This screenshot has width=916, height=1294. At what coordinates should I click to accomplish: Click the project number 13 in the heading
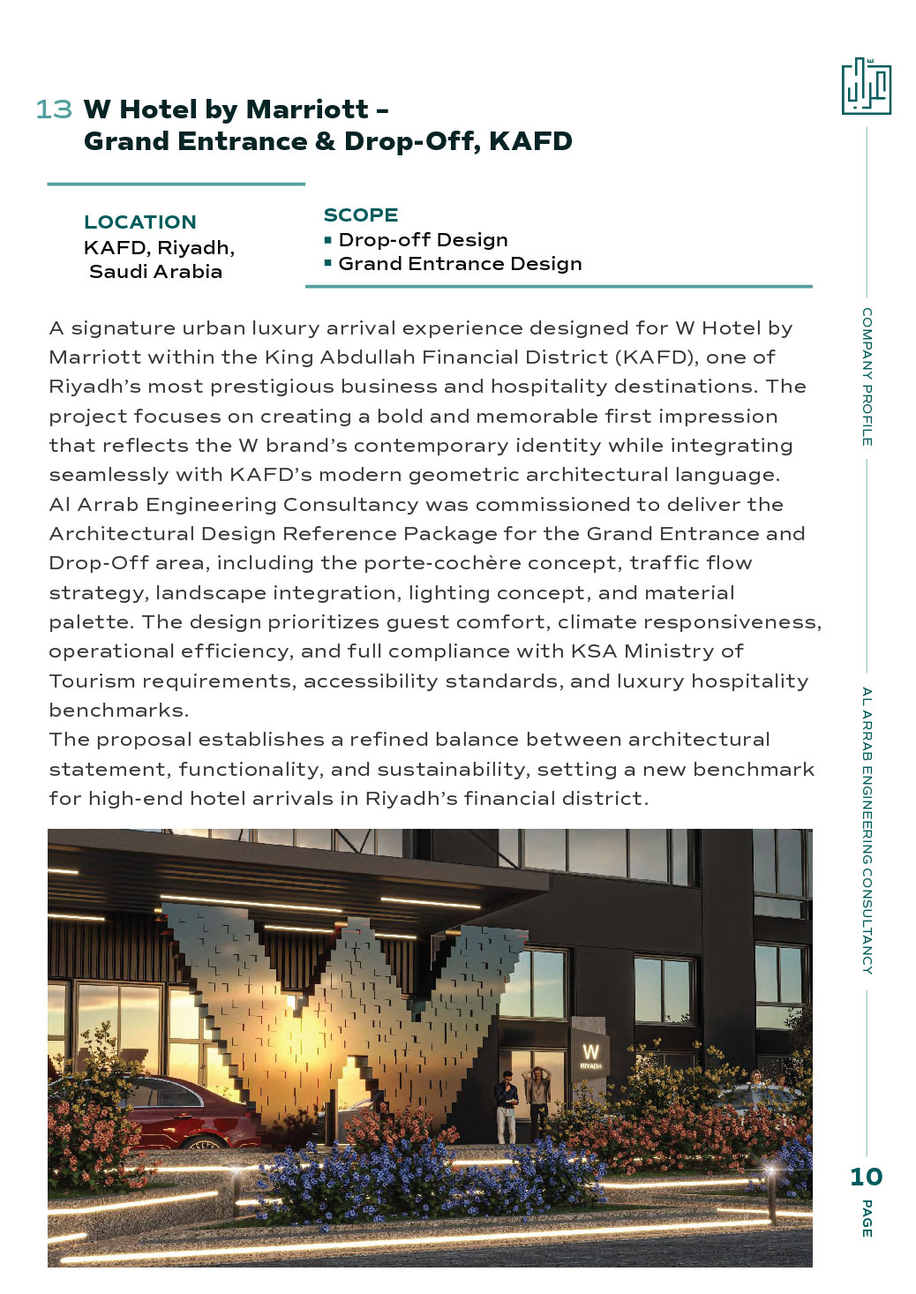(53, 109)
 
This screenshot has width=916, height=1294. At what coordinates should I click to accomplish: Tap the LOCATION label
(140, 222)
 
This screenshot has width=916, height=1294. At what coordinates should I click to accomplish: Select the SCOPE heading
(361, 215)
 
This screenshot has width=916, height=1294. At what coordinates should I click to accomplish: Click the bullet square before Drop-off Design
(328, 239)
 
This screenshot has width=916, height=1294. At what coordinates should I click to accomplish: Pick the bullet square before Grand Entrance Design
(328, 263)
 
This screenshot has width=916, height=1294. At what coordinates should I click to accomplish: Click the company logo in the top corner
(866, 87)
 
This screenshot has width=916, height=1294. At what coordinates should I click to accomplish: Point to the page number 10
(866, 1177)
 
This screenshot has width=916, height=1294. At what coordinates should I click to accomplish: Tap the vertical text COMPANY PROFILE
(867, 377)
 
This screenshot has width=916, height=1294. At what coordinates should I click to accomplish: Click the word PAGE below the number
(867, 1218)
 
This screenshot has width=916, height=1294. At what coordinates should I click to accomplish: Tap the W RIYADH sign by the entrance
(590, 1057)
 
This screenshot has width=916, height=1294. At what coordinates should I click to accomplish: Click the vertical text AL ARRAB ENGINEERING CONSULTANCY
(867, 830)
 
